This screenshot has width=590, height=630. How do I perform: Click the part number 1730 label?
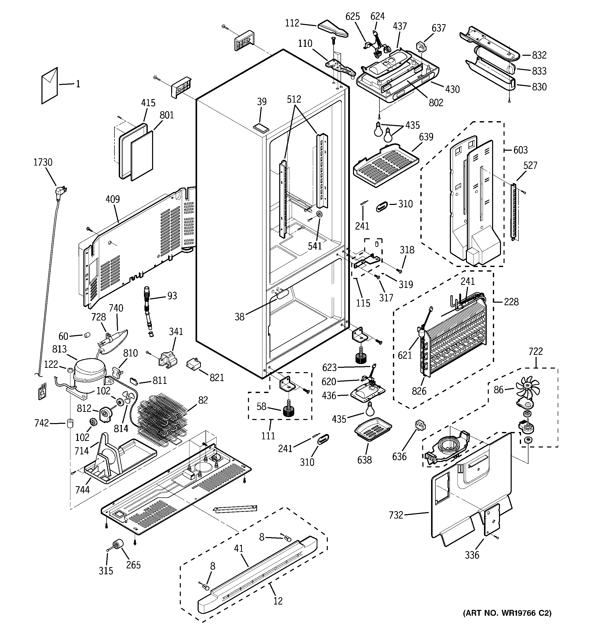[x=43, y=162]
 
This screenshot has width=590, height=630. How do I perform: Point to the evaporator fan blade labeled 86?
[x=527, y=390]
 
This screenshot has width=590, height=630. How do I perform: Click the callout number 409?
[x=112, y=199]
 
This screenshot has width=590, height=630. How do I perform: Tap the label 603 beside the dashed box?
[x=520, y=150]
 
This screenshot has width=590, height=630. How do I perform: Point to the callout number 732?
[x=396, y=515]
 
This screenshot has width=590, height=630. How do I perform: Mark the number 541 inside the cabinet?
[x=315, y=246]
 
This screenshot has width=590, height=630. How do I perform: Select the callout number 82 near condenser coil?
[x=203, y=400]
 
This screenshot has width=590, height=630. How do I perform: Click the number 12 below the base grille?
[x=278, y=600]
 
